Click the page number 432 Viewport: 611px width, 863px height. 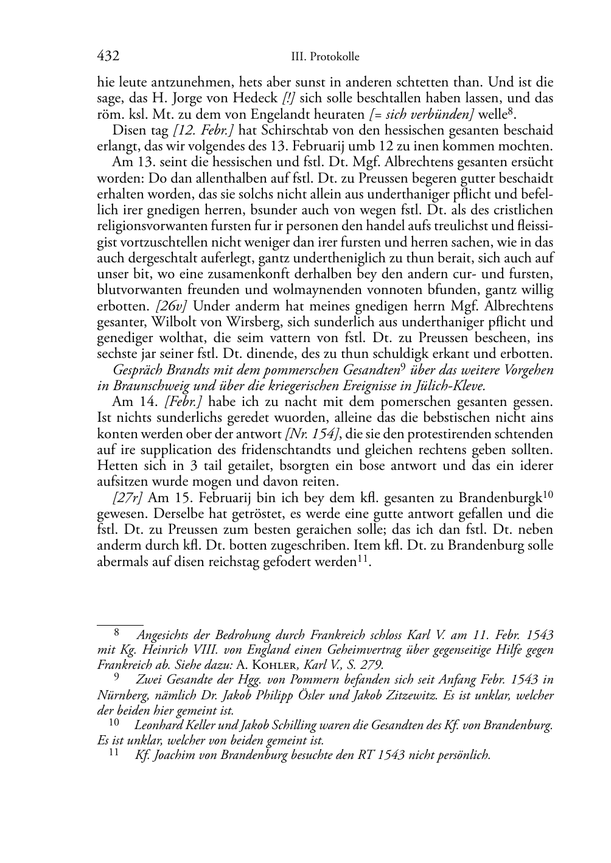coord(108,57)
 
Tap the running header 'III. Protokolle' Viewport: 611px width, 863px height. coord(325,57)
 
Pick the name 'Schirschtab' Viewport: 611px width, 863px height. coord(296,130)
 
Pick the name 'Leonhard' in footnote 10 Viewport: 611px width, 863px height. coord(158,725)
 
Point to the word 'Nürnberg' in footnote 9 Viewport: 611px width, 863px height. coord(120,695)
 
